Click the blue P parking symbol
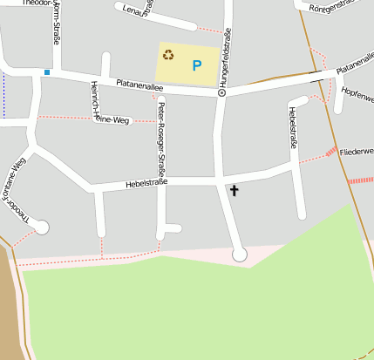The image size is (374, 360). (197, 65)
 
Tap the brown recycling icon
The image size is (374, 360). (168, 56)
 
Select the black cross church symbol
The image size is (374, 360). (234, 189)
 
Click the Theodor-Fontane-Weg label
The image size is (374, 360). (18, 197)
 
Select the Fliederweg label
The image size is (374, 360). (357, 151)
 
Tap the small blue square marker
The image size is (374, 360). (47, 72)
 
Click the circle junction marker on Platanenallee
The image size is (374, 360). (221, 92)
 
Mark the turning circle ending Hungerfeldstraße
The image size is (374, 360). (240, 255)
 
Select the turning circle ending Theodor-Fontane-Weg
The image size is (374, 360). (42, 228)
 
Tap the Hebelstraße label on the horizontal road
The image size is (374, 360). (146, 183)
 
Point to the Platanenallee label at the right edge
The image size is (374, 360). (354, 67)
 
